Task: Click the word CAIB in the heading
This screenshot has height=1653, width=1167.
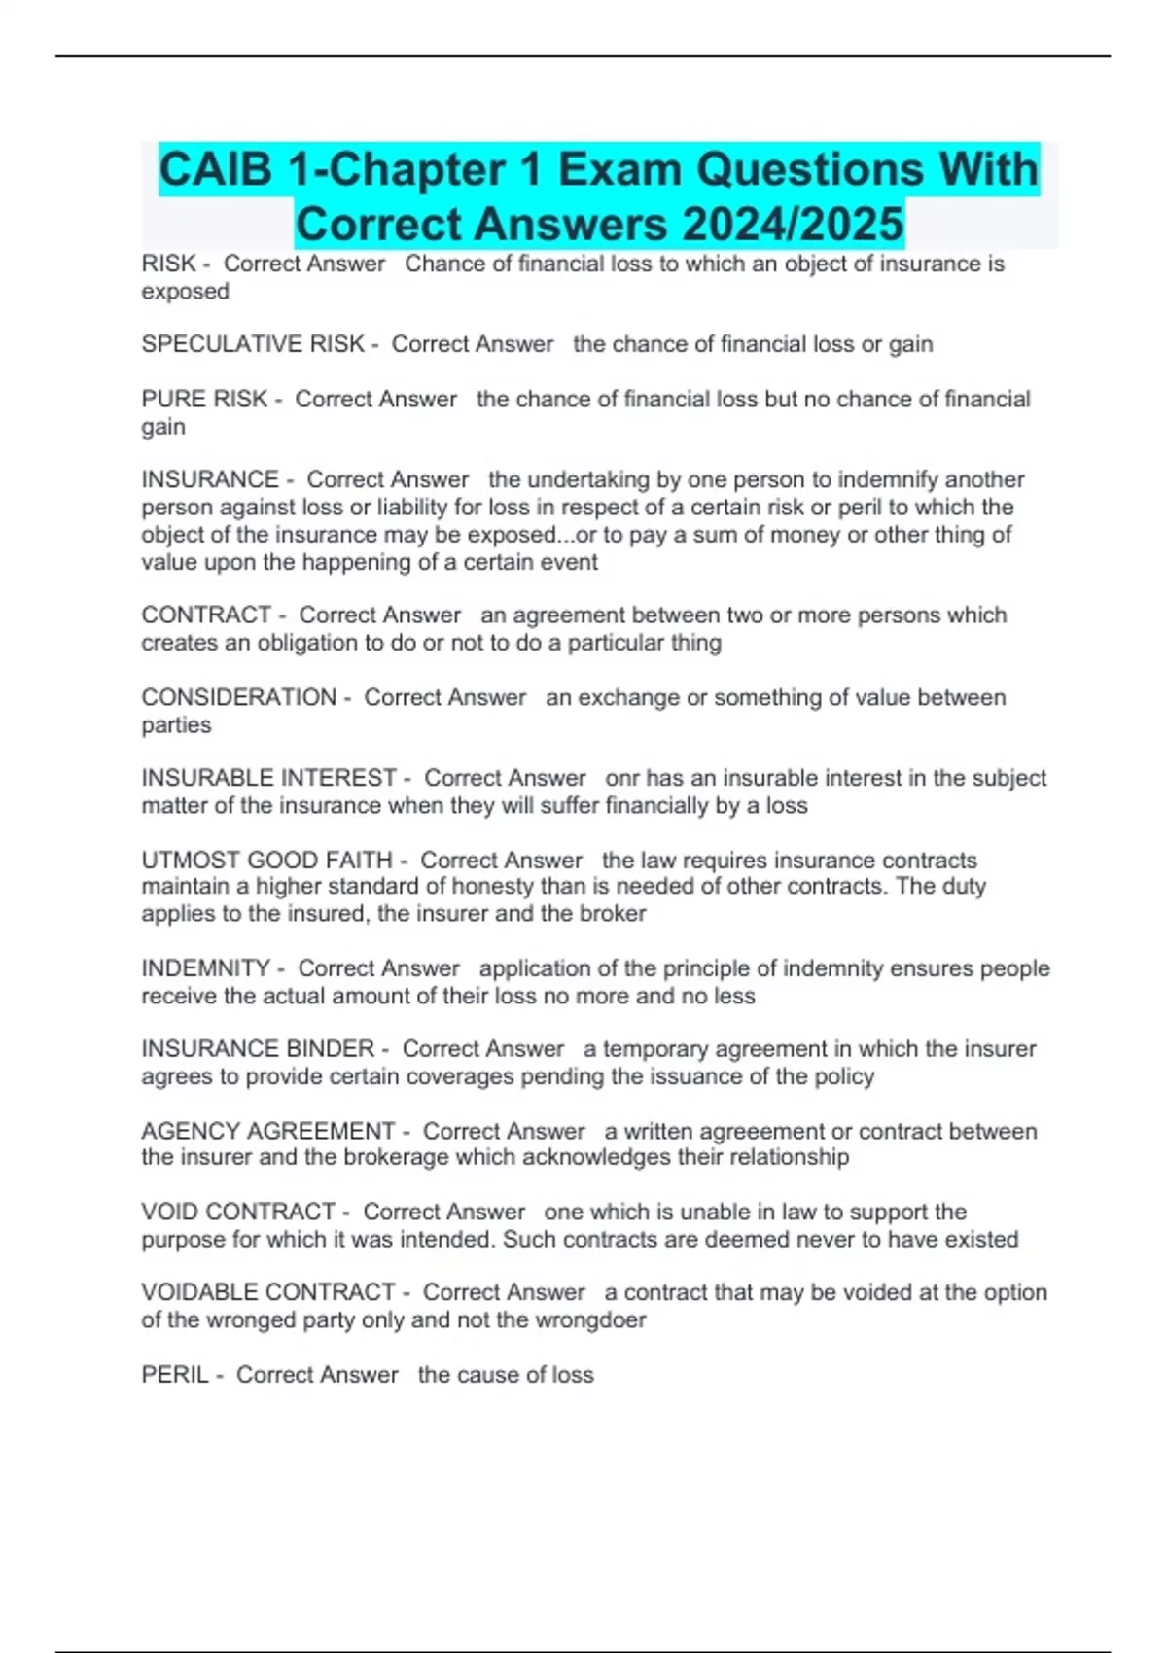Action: click(x=216, y=170)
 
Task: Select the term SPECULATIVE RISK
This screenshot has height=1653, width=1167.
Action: click(x=252, y=344)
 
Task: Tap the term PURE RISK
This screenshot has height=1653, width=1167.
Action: click(x=204, y=399)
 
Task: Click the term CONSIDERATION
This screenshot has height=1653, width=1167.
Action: click(x=238, y=697)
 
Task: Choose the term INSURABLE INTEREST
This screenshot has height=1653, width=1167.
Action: click(x=268, y=778)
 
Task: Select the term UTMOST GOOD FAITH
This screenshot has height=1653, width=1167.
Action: click(x=266, y=861)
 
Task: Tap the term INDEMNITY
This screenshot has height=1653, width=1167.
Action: click(x=205, y=968)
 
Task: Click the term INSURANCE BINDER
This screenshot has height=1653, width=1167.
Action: click(x=258, y=1049)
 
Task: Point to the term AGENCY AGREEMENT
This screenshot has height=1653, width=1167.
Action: click(x=267, y=1131)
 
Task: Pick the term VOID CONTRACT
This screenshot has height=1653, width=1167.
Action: click(x=238, y=1212)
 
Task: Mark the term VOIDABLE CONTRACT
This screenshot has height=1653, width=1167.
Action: click(x=267, y=1292)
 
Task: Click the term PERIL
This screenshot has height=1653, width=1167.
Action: click(x=175, y=1375)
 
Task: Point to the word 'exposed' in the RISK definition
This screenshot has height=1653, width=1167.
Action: click(x=185, y=292)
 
